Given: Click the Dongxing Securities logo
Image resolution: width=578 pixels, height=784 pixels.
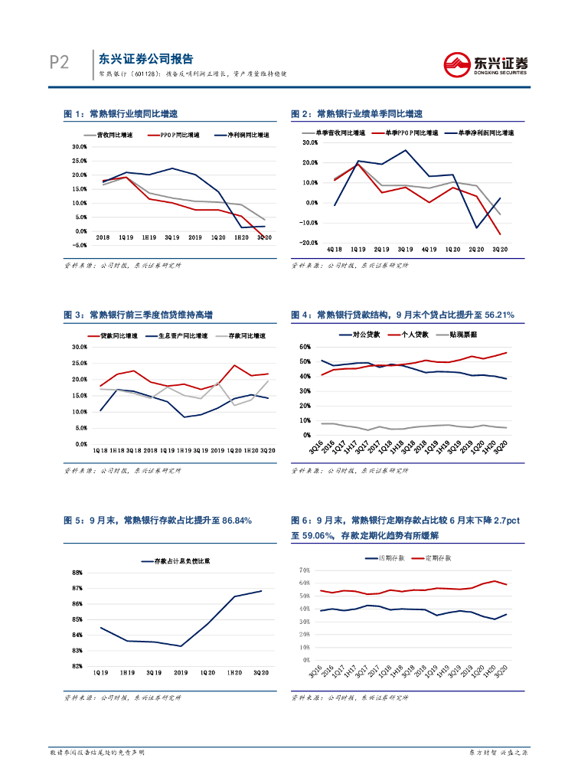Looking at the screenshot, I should pos(486,64).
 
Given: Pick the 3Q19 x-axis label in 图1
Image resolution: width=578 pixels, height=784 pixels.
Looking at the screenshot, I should pos(171,238).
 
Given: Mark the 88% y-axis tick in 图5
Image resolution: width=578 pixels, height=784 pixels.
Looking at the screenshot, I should pos(77,573).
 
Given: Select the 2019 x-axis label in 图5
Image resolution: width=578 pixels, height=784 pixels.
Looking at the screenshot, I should pos(181,672).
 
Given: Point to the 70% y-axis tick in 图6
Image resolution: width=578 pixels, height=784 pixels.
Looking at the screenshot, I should pos(304,570).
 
